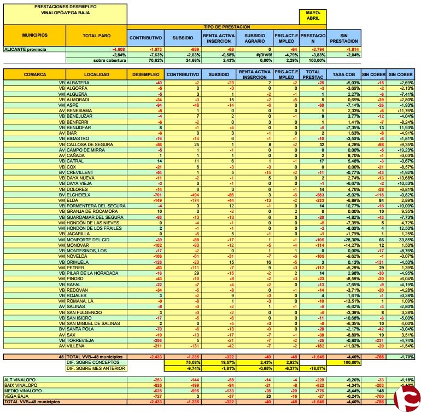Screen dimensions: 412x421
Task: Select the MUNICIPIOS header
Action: [x=34, y=35]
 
